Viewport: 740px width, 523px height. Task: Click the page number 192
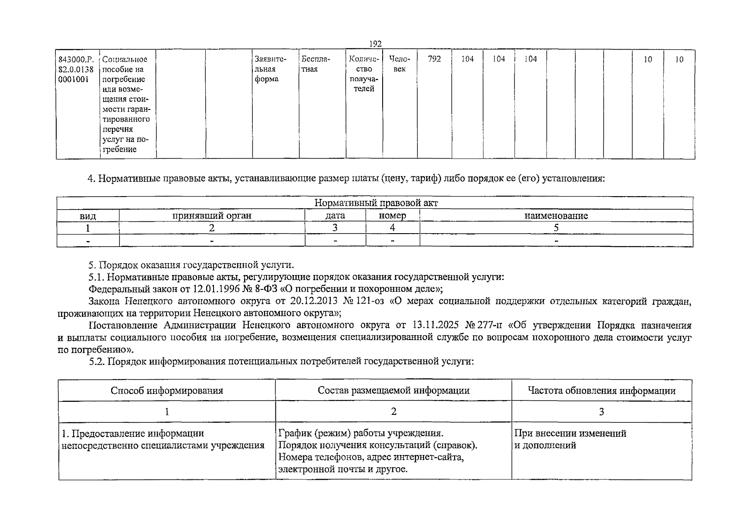coord(375,44)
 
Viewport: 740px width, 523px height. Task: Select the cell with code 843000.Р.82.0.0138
coord(76,69)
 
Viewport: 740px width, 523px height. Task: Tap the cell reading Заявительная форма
coord(270,69)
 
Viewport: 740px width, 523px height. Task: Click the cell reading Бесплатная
coord(316,64)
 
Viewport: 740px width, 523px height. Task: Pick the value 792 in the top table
coord(434,59)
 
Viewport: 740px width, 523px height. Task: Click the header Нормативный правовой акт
coord(376,203)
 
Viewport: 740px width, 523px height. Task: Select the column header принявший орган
coord(212,216)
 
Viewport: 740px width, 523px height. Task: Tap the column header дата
coord(335,216)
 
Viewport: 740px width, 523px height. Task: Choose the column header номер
coord(392,216)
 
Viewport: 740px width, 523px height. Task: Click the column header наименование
coord(556,216)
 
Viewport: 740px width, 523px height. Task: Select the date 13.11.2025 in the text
coord(432,326)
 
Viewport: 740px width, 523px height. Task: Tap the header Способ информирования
coord(166,391)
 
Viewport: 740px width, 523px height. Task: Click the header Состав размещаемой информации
coord(394,391)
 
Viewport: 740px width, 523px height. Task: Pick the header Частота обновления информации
coord(601,391)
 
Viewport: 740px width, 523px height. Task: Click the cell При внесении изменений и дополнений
coord(570,439)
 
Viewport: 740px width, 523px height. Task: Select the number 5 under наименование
coord(556,228)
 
